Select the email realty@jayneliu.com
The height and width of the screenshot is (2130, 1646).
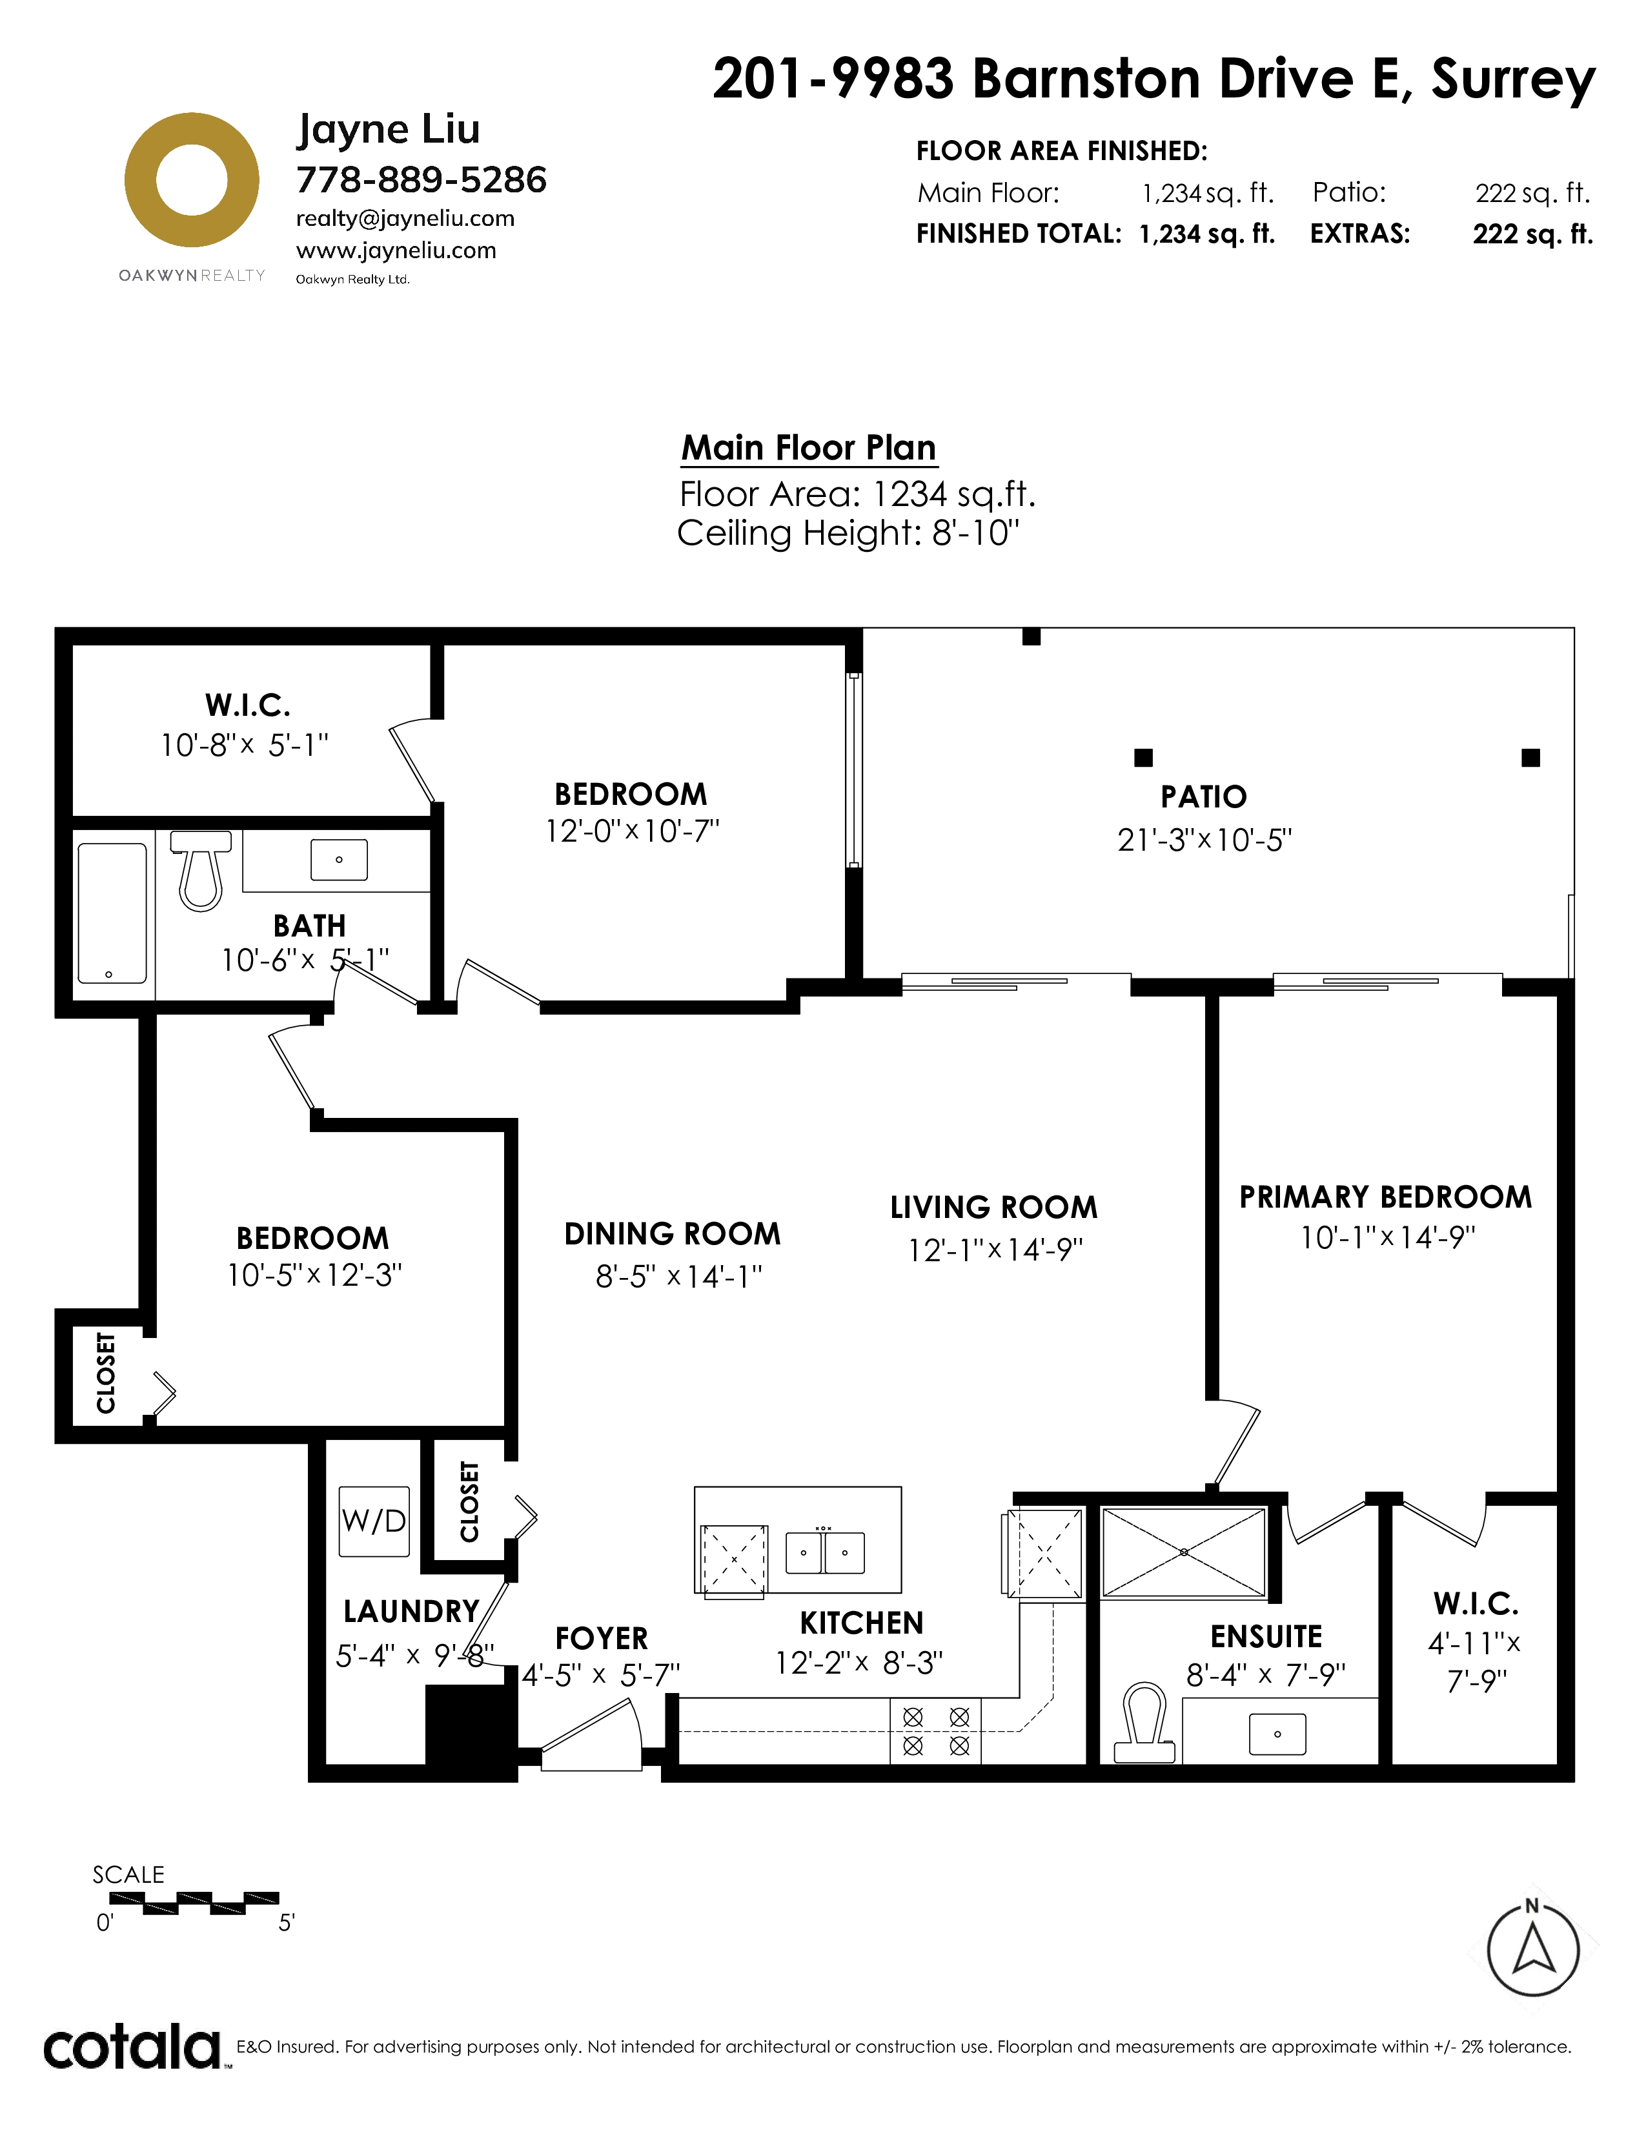[x=405, y=218]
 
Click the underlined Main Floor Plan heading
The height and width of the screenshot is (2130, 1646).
[x=808, y=448]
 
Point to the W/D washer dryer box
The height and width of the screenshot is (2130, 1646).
[x=374, y=1521]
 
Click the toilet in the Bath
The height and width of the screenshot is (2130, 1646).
[x=201, y=869]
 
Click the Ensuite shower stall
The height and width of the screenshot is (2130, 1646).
[x=1183, y=1552]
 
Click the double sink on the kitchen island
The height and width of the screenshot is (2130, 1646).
[x=825, y=1552]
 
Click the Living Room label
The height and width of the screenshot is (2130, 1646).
[x=993, y=1208]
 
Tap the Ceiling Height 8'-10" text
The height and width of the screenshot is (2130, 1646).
[x=848, y=534]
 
